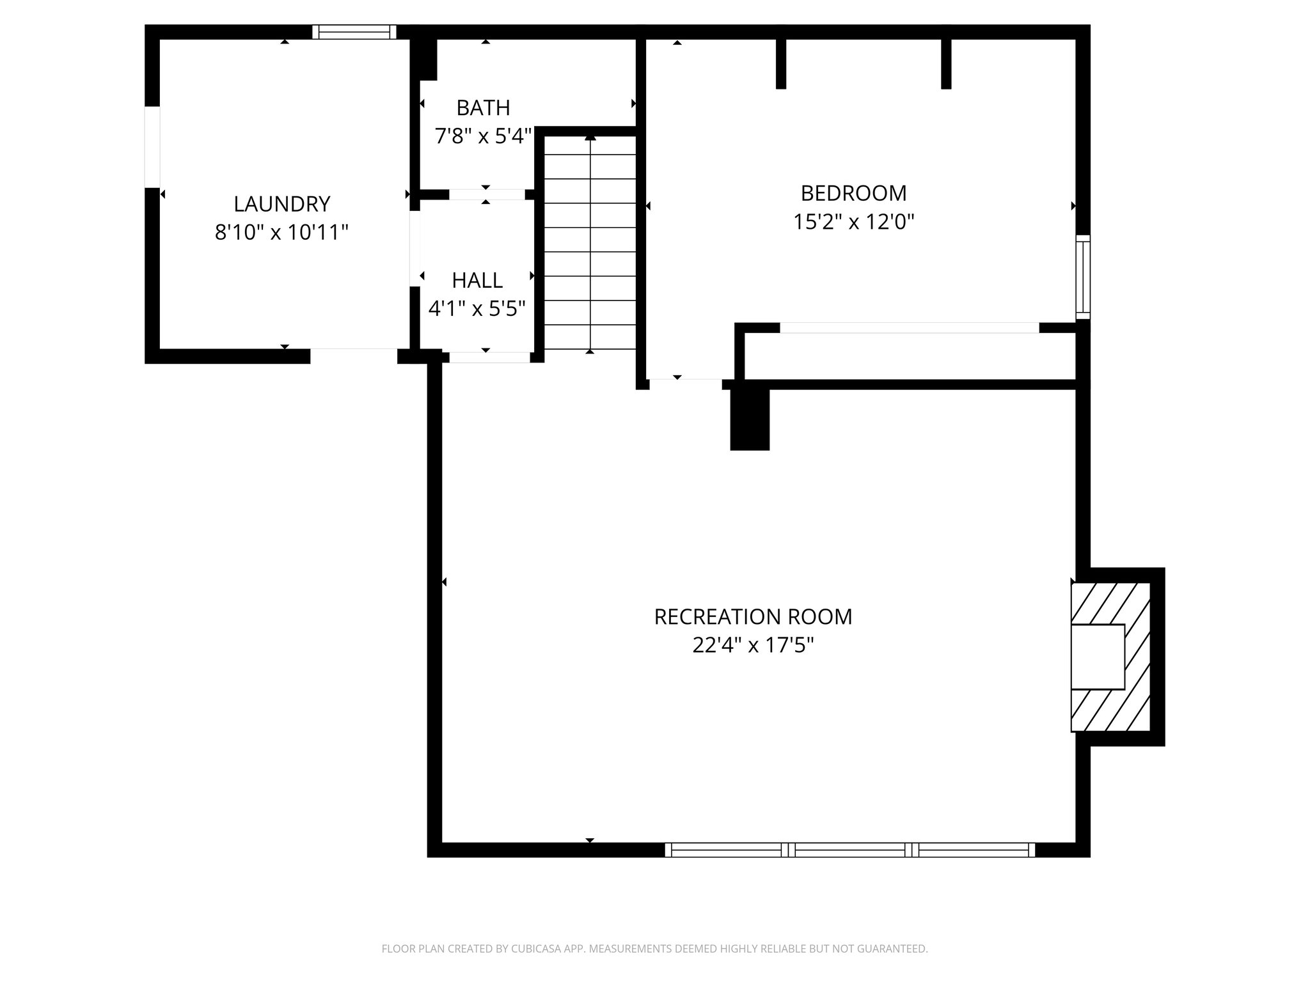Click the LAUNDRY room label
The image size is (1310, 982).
pyautogui.click(x=281, y=204)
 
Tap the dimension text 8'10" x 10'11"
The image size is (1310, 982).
pyautogui.click(x=281, y=232)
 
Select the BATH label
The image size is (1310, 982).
pyautogui.click(x=483, y=108)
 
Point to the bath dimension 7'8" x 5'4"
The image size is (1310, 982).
pyautogui.click(x=483, y=136)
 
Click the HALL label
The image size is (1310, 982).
pyautogui.click(x=477, y=280)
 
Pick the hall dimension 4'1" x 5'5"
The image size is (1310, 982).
pyautogui.click(x=477, y=309)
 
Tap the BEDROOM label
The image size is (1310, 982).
pyautogui.click(x=853, y=192)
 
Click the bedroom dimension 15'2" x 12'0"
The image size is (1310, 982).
pyautogui.click(x=853, y=222)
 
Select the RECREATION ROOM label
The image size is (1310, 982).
pyautogui.click(x=753, y=616)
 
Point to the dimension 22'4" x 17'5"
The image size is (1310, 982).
pyautogui.click(x=753, y=645)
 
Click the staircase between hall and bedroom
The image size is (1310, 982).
pyautogui.click(x=590, y=243)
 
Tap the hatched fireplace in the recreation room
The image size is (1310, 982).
pyautogui.click(x=1111, y=657)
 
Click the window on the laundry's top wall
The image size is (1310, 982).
pyautogui.click(x=354, y=32)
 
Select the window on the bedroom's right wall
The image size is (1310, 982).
pyautogui.click(x=1083, y=277)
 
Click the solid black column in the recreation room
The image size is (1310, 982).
pyautogui.click(x=750, y=419)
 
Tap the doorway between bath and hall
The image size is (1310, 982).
pyautogui.click(x=486, y=194)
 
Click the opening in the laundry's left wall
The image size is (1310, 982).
pyautogui.click(x=152, y=147)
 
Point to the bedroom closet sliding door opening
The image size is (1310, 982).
pyautogui.click(x=909, y=328)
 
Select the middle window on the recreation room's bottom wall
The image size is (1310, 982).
pyautogui.click(x=850, y=850)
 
